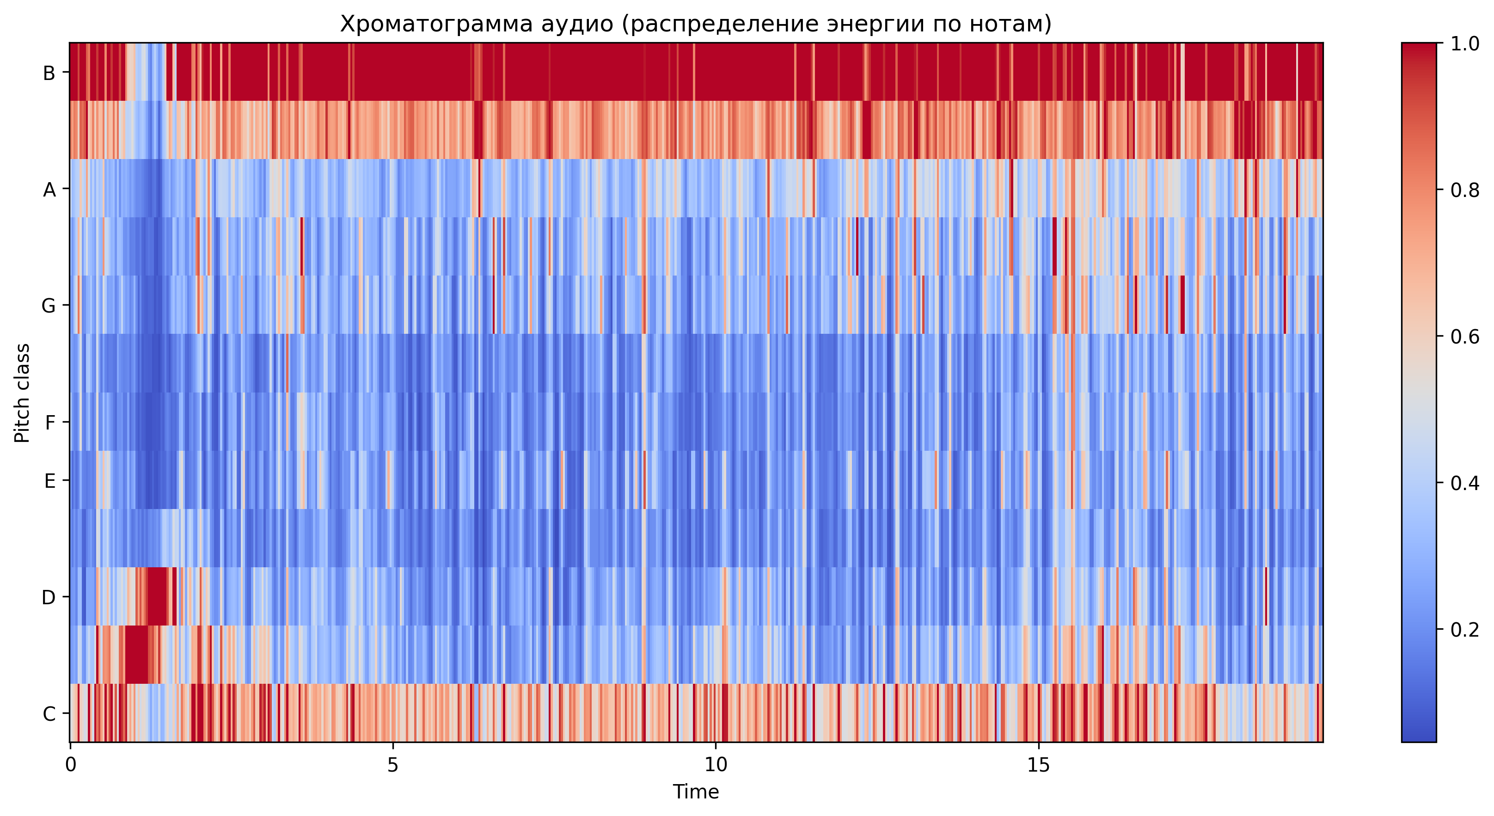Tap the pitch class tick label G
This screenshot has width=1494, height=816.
[49, 306]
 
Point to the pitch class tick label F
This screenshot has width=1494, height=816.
[50, 422]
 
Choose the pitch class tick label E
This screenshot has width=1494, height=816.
[50, 481]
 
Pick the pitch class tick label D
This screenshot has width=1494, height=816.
[49, 597]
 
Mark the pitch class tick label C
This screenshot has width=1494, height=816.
[49, 714]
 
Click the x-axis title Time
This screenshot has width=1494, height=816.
[696, 791]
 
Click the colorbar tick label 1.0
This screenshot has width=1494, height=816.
[1464, 44]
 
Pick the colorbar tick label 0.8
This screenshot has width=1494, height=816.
[1464, 190]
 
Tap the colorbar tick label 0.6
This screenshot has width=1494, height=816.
[1464, 337]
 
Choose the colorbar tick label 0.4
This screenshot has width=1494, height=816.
[1464, 483]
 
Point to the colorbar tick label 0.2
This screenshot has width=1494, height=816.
[1464, 629]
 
